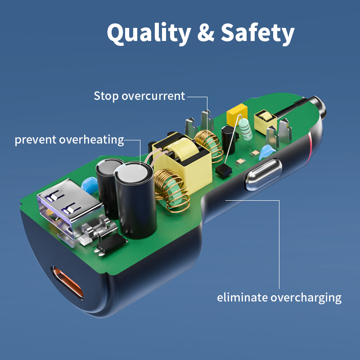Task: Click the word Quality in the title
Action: [x=149, y=33]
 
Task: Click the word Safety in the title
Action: [x=257, y=33]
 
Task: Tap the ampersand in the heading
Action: [x=206, y=32]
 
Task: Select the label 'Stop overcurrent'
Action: [x=139, y=96]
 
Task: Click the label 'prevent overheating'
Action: [x=69, y=139]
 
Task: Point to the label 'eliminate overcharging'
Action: [x=279, y=297]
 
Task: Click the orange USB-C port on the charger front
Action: [x=67, y=283]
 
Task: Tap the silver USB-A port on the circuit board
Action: [x=69, y=207]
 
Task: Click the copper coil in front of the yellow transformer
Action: [x=171, y=190]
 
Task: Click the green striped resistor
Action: [x=245, y=129]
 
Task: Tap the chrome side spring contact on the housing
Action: [x=264, y=174]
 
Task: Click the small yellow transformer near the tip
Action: [x=265, y=121]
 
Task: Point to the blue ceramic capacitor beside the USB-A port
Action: [x=90, y=184]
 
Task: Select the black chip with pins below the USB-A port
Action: [x=112, y=243]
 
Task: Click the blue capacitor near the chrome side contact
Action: [x=266, y=152]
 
